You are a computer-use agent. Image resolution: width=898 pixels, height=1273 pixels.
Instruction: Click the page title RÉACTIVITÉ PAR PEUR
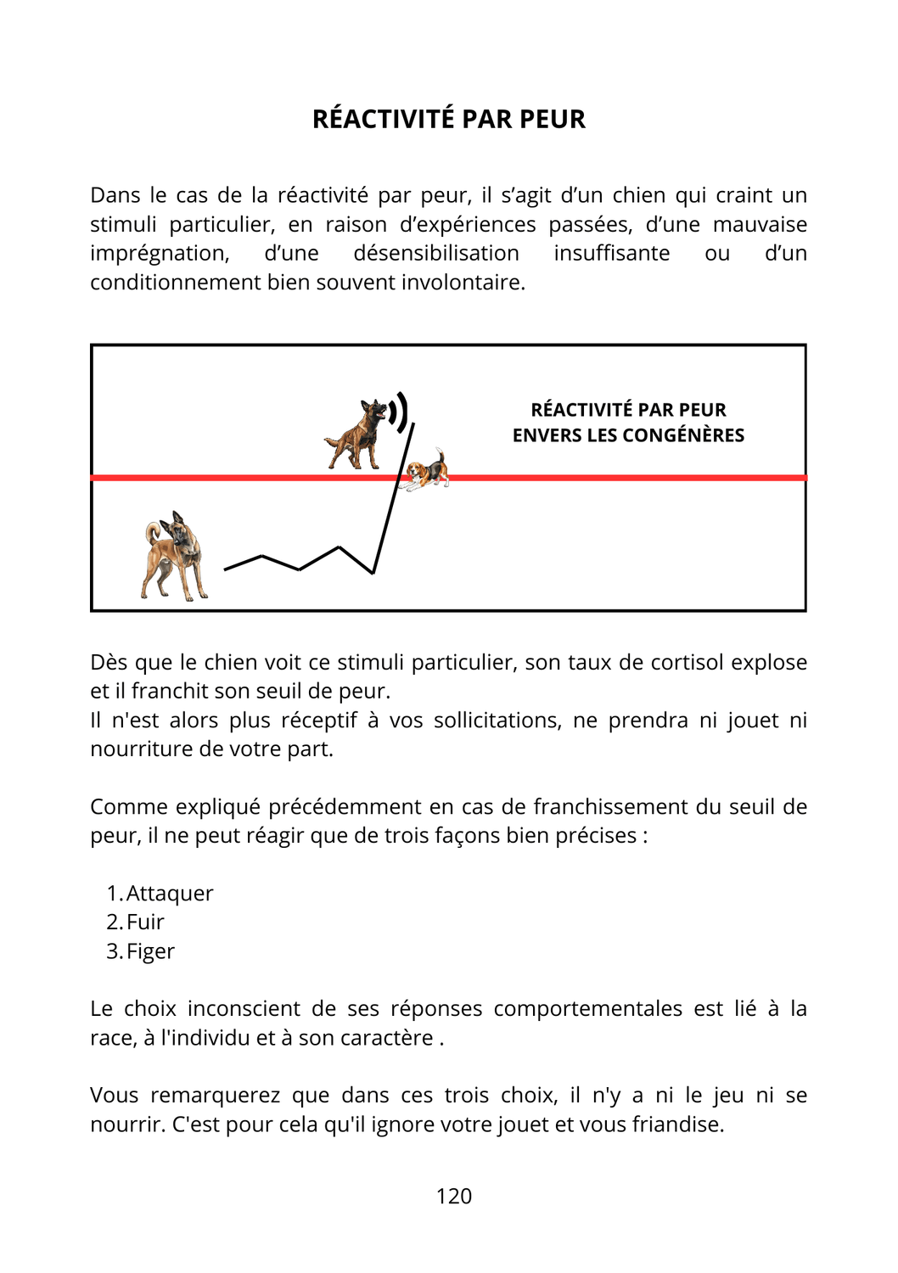coord(448,119)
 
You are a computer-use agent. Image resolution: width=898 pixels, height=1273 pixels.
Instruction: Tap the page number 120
coord(453,1196)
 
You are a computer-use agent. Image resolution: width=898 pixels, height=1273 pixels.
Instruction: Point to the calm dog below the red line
coord(173,557)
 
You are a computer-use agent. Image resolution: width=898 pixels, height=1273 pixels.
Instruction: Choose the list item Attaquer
coord(169,893)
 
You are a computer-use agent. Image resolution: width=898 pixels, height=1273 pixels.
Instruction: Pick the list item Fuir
coord(145,922)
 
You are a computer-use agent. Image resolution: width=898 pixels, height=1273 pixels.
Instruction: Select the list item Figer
coord(150,951)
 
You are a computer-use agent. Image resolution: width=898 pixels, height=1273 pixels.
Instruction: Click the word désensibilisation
coord(436,253)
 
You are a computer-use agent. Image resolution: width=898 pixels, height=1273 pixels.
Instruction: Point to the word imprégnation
coord(160,253)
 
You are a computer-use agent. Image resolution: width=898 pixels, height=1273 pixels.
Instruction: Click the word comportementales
coord(587,1008)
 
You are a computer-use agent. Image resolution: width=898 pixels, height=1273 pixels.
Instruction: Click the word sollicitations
coord(497,720)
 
